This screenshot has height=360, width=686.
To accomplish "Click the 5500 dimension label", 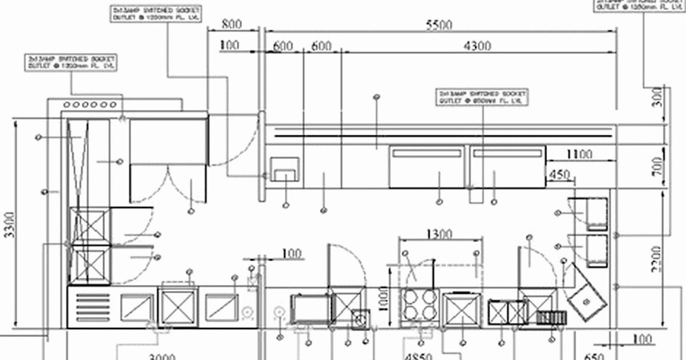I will click(x=439, y=25).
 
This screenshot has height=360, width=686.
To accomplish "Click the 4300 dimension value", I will click(x=477, y=46).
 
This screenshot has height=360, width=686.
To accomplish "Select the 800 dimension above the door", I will click(x=231, y=25).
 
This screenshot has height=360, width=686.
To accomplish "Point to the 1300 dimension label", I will click(x=439, y=233).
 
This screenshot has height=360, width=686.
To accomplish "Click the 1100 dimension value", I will click(x=579, y=154).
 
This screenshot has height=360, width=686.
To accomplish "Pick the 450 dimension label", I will click(x=560, y=174).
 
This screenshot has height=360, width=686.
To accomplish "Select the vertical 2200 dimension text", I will click(x=657, y=258).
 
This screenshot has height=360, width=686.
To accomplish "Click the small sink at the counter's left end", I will click(x=284, y=169).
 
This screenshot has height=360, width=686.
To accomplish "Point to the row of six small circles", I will click(x=90, y=105).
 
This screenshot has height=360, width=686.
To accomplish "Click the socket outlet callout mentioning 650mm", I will click(x=482, y=97).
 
